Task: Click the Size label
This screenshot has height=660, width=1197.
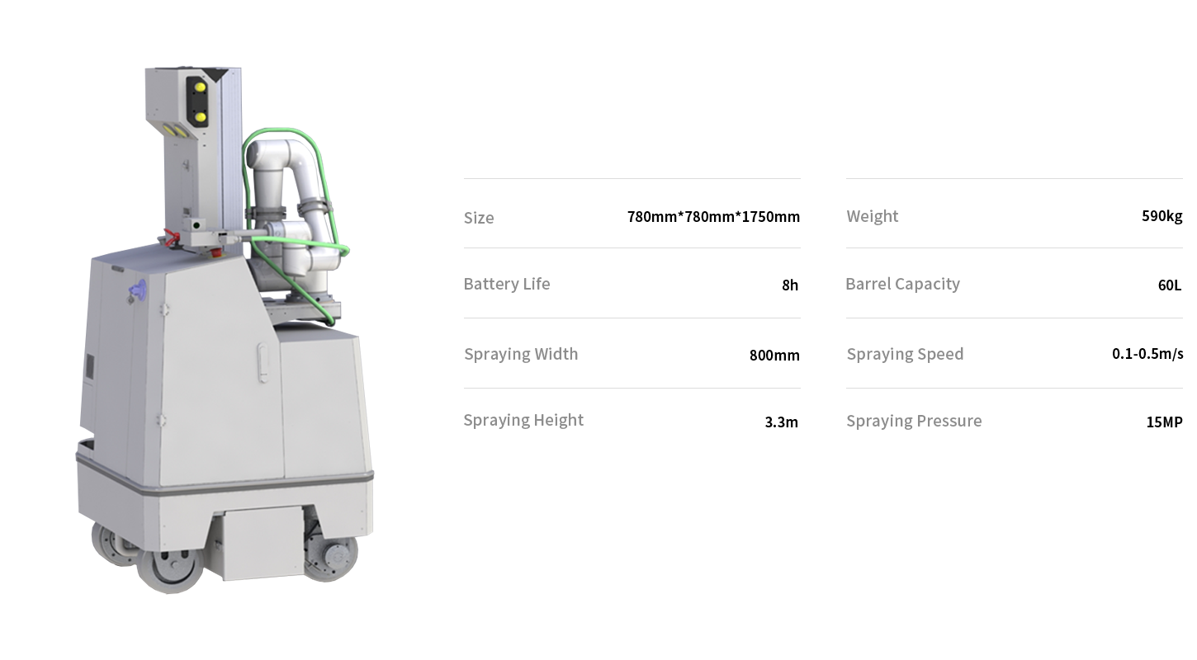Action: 478,218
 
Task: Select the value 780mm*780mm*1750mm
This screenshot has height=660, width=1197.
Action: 713,217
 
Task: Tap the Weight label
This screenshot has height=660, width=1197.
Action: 872,216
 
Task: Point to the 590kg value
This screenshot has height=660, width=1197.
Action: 1162,215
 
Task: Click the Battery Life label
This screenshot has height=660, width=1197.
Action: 507,284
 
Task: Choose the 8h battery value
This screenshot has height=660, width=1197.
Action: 790,285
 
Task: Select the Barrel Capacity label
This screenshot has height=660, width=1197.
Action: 902,284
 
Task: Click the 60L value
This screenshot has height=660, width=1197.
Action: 1169,285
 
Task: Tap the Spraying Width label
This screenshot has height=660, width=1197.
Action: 521,354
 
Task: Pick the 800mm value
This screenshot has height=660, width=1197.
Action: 774,355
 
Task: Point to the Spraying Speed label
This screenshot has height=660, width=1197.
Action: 905,354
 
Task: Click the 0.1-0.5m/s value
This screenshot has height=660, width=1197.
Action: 1147,353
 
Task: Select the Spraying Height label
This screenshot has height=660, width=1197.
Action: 523,420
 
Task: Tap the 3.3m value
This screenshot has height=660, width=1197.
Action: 781,422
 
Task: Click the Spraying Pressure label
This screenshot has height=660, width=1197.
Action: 914,421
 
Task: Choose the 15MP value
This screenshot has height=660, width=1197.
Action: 1164,422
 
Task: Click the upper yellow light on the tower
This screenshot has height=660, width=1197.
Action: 200,87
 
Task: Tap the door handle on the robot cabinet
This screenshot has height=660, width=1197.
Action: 263,362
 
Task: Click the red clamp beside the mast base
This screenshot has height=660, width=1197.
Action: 170,238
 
